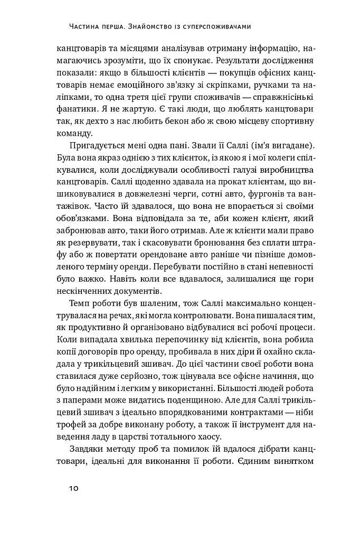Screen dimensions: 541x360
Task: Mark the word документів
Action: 145,293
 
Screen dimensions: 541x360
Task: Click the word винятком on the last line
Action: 295,463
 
